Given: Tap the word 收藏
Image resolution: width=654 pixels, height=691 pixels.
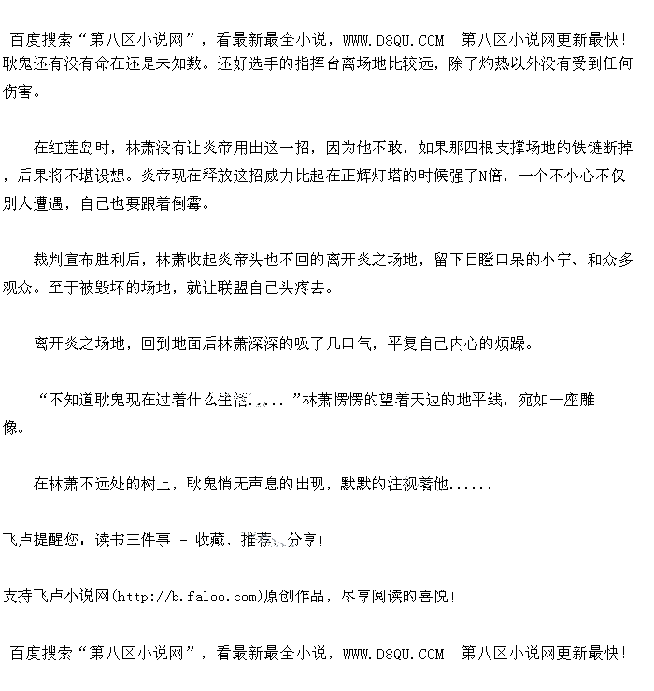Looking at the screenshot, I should point(212,540).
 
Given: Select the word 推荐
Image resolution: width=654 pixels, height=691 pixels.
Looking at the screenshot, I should point(257,540).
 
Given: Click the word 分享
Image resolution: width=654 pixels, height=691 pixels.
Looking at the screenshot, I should point(303,540).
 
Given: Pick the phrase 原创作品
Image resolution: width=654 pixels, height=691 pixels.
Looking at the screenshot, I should point(294,596).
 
